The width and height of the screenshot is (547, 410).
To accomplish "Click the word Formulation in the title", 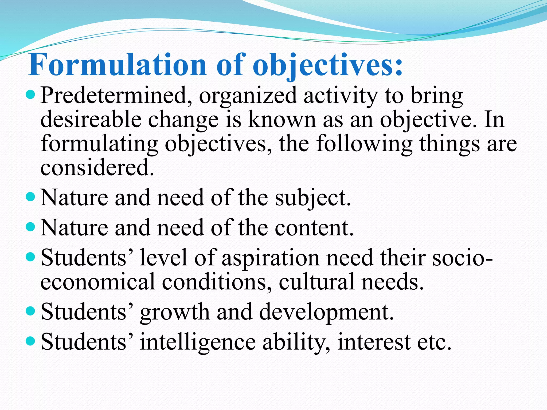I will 117,65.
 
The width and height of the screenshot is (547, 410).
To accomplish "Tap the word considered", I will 97,167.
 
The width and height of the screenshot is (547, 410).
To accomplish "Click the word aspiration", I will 271,258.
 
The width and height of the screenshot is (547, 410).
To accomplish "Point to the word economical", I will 98,282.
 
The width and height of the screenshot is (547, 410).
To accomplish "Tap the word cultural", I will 317,282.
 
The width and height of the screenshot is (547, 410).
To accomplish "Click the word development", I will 326,313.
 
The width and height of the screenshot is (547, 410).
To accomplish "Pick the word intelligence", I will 198,342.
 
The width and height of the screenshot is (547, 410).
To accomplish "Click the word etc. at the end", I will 434,342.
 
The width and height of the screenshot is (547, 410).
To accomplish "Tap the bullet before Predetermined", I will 31,94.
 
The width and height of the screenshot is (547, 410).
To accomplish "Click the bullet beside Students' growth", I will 31,311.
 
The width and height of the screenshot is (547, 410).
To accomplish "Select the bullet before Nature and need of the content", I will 31,227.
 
